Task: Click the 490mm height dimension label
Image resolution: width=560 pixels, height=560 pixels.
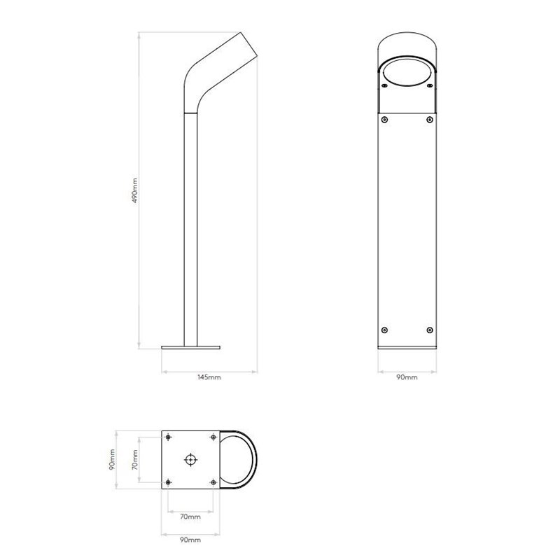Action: coord(135,190)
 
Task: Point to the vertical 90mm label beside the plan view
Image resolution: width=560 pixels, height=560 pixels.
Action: coord(112,460)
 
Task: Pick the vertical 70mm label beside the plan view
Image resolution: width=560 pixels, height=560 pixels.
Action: coord(135,460)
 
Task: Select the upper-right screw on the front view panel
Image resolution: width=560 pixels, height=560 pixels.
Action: coord(429,120)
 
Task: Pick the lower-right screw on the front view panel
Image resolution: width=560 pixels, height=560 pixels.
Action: coord(429,329)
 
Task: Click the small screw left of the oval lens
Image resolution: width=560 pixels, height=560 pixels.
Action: coord(383,85)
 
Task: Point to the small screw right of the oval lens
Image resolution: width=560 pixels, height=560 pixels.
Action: coord(429,85)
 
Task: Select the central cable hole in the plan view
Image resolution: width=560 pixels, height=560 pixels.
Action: coord(190,459)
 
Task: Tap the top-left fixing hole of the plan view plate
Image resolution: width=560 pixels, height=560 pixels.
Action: coord(169,437)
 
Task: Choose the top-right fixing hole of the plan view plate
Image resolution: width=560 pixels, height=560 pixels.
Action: coord(213,437)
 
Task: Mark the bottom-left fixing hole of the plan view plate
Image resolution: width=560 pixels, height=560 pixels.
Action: coord(169,482)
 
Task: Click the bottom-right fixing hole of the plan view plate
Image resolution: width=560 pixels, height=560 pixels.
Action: coord(213,482)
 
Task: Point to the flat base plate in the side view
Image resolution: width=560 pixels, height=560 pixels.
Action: coord(191,346)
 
